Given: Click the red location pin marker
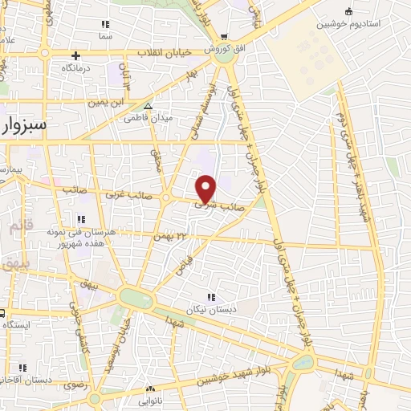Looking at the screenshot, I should point(206,189).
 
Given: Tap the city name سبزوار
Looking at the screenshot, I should point(24,126).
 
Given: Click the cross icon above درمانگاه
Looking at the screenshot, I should point(75,55).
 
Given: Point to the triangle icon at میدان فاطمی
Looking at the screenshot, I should point(147,105).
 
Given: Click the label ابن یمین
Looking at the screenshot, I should point(108,103).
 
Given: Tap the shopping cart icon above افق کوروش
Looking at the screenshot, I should point(225,36).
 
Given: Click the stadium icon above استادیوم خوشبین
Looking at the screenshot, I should point(348,11).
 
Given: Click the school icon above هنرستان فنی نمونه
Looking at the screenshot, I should point(80,219).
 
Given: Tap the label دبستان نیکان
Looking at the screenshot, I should point(211,310).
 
